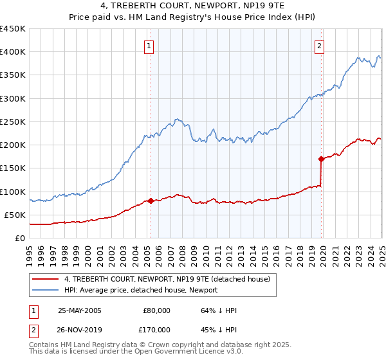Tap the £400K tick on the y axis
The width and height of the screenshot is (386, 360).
point(13,52)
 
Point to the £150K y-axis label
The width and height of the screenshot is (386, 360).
point(13,168)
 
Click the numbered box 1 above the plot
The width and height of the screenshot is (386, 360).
point(149,46)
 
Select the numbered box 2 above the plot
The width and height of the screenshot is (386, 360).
point(320,46)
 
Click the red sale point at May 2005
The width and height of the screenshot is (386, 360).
point(151,201)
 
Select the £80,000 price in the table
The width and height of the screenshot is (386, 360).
point(156,310)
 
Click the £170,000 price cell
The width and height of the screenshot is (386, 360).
point(154,330)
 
